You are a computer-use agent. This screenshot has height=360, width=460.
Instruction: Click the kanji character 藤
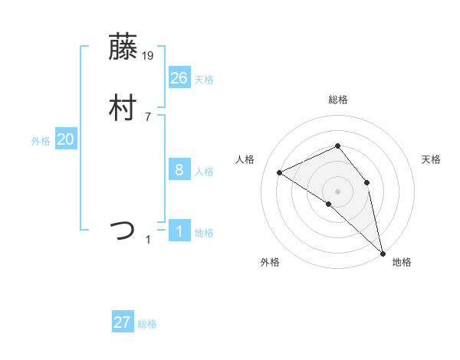click(122, 48)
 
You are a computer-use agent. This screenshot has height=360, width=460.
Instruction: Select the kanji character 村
click(122, 108)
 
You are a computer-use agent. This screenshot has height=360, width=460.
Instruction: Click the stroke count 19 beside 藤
click(149, 55)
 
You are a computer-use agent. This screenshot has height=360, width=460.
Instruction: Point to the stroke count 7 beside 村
click(148, 116)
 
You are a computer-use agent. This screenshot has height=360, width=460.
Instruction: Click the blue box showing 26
click(179, 77)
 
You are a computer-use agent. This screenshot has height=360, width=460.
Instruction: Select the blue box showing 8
click(179, 170)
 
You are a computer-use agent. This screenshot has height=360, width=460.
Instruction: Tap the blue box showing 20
click(66, 139)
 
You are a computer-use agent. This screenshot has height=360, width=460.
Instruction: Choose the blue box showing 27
click(123, 322)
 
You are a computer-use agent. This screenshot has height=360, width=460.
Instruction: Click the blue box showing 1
click(179, 231)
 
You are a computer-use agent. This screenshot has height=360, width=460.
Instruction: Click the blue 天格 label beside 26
click(204, 79)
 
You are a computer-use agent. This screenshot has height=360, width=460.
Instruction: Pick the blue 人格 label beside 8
click(204, 172)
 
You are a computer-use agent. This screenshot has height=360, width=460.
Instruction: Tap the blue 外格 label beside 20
click(41, 141)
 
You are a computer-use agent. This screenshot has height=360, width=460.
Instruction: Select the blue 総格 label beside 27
click(147, 324)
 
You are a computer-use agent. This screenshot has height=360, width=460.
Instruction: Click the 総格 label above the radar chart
click(338, 100)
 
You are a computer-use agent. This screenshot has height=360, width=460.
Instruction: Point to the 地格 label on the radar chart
click(402, 262)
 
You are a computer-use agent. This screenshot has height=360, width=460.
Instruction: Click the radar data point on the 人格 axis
click(280, 172)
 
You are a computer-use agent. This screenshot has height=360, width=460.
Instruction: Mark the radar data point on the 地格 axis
click(383, 252)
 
